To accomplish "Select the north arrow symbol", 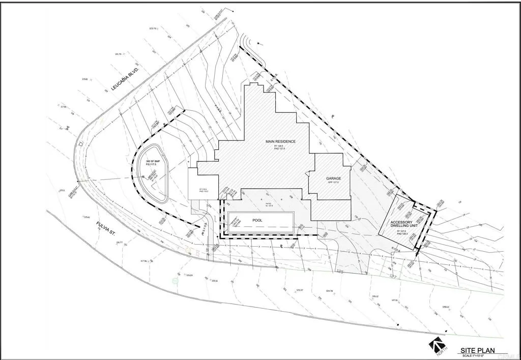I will click(436, 347).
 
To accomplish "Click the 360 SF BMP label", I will click(153, 161).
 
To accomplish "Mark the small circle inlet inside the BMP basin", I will click(143, 176).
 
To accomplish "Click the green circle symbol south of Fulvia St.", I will click(176, 281).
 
